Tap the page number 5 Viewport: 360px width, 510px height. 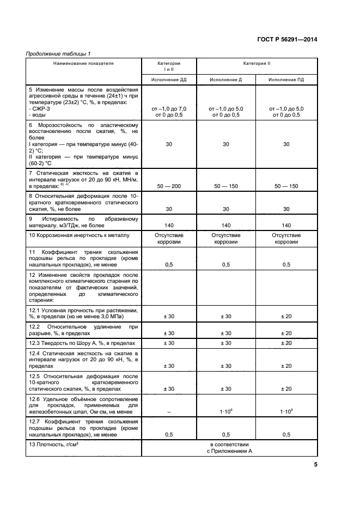(315, 464)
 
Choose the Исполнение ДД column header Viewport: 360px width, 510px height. (169, 80)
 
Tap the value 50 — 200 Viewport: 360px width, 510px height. (169, 187)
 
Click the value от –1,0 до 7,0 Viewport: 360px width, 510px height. (169, 109)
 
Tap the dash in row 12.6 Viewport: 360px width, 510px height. (169, 412)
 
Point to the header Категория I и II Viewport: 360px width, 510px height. (169, 66)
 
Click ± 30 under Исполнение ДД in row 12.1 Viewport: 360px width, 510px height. (169, 317)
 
